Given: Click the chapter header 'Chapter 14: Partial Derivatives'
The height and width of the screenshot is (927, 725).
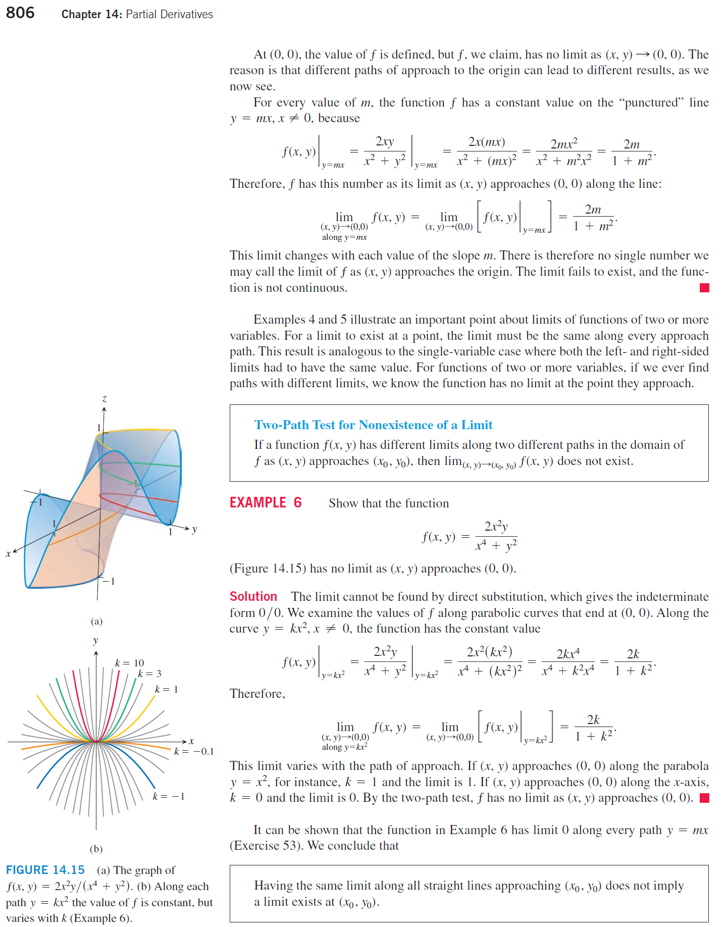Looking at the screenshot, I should pos(137,14).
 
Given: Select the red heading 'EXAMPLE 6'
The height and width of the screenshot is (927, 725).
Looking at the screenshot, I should pos(265,502).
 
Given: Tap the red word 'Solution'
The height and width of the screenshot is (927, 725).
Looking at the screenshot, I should pos(253,596).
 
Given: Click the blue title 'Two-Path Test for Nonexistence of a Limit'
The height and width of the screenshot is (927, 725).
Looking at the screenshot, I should pos(373,425).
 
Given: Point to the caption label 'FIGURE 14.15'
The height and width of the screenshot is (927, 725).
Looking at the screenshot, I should pos(45,870).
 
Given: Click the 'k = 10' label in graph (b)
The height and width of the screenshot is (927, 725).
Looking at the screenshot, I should pos(129,663).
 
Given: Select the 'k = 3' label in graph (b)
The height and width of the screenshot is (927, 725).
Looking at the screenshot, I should pos(149,674).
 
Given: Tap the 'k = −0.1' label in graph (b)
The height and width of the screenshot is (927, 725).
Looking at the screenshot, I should pos(194,751).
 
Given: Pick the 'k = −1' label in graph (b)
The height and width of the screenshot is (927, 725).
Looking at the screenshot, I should pos(169,796).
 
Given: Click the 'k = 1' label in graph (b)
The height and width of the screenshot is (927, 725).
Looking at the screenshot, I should pos(166,689).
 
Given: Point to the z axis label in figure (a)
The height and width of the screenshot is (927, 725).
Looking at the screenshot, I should pos(105,399).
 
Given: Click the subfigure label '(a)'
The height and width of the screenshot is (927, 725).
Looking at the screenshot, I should pos(96,621).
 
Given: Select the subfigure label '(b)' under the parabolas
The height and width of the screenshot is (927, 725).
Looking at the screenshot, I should pos(96,849).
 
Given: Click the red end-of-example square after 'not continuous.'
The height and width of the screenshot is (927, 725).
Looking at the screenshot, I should pos(704,288).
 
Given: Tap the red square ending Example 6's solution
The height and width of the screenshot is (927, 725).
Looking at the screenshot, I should pos(704,798).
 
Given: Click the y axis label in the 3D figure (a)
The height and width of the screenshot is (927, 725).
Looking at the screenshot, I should pos(194,529).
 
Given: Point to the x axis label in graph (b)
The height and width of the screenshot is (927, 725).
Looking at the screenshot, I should pos(191,741).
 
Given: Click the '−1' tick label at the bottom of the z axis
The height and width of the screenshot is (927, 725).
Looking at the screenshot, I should pos(109,581).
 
